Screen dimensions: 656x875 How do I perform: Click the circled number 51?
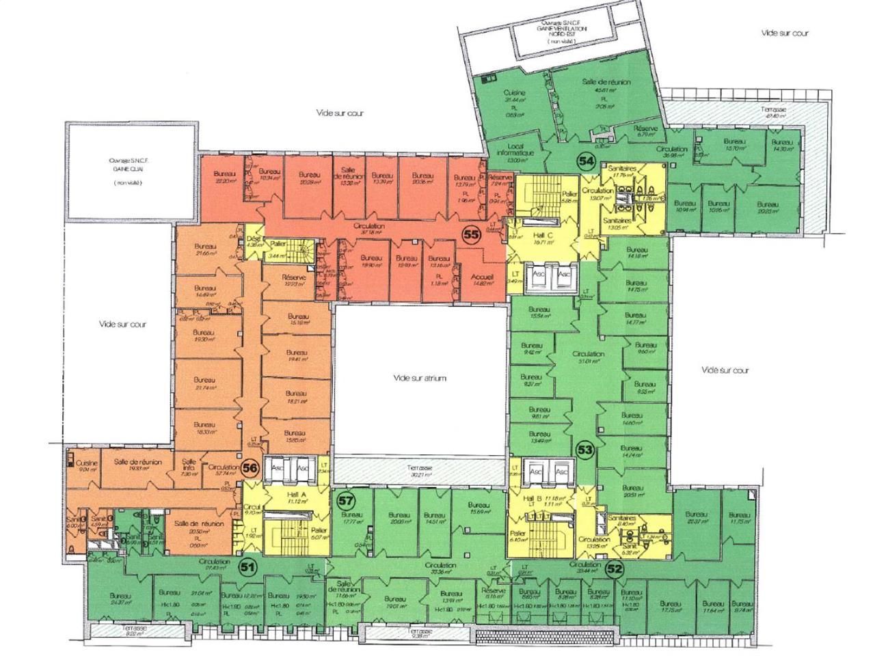[247, 566]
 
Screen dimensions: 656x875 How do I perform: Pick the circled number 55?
[470, 234]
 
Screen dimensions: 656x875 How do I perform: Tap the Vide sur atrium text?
[420, 377]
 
